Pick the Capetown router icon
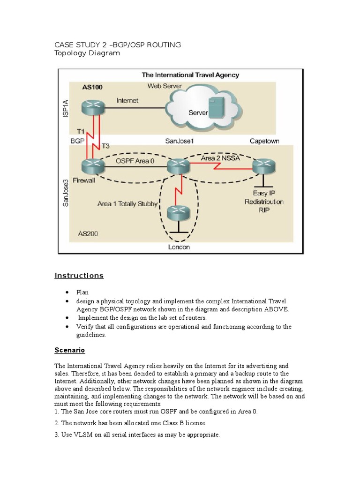(x=264, y=165)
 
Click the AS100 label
(x=92, y=87)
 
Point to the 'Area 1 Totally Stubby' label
(x=127, y=204)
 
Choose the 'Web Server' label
(x=165, y=86)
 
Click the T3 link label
(x=106, y=146)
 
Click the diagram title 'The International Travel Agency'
(x=190, y=75)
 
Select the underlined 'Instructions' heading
(x=79, y=276)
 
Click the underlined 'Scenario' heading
(x=69, y=350)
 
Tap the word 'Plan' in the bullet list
(x=83, y=292)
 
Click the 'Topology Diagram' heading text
(x=87, y=53)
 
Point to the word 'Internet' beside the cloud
(x=127, y=100)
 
